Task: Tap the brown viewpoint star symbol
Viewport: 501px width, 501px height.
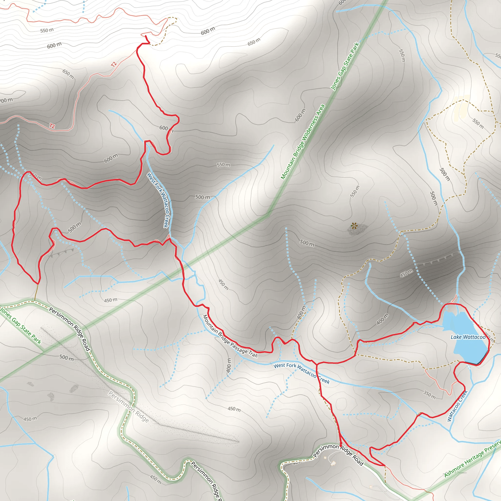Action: point(354,226)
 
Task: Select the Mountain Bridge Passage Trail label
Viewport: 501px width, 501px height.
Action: point(230,336)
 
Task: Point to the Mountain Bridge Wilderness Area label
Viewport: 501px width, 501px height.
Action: point(303,142)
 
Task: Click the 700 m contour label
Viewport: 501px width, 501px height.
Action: point(6,100)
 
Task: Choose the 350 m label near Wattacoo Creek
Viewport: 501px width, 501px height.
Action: point(429,394)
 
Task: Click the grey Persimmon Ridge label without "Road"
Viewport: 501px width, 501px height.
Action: point(128,407)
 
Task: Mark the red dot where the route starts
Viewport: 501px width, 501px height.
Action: point(341,446)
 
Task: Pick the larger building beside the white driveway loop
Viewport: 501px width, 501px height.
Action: point(333,463)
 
